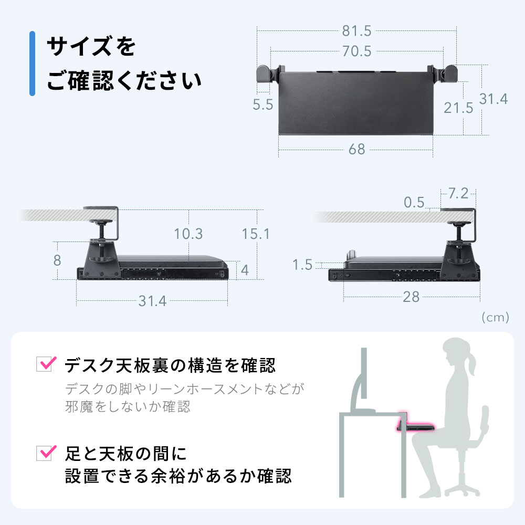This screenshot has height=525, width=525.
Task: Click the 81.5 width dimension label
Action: pyautogui.click(x=356, y=31)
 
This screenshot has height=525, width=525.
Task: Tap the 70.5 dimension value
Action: pyautogui.click(x=356, y=51)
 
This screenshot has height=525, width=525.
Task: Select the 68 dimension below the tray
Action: pyautogui.click(x=356, y=149)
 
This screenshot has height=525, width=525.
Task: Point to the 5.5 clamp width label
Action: pyautogui.click(x=263, y=105)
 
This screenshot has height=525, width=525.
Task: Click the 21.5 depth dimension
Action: pyautogui.click(x=458, y=108)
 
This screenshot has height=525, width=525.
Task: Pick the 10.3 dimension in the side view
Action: pyautogui.click(x=188, y=234)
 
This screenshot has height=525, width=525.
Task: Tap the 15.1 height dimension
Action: pyautogui.click(x=256, y=234)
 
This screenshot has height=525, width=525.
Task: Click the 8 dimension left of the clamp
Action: pyautogui.click(x=57, y=260)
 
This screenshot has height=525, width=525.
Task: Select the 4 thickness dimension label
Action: pyautogui.click(x=245, y=270)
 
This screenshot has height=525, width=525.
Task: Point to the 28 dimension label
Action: pyautogui.click(x=411, y=297)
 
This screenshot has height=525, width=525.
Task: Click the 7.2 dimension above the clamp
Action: pyautogui.click(x=458, y=194)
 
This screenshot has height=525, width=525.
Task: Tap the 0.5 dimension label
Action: pyautogui.click(x=414, y=202)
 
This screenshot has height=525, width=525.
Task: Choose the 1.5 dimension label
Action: pyautogui.click(x=302, y=265)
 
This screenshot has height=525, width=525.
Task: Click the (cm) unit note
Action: pyautogui.click(x=496, y=317)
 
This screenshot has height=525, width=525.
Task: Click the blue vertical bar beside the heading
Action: pyautogui.click(x=32, y=64)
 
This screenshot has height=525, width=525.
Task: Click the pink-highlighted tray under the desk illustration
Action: pyautogui.click(x=415, y=427)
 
